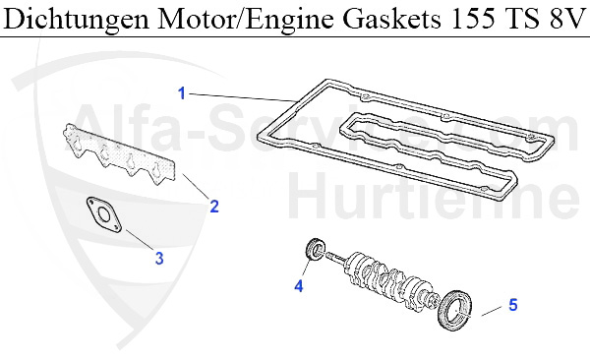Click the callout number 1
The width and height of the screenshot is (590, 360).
pyautogui.click(x=181, y=92)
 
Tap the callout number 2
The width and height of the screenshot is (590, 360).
pyautogui.click(x=213, y=207)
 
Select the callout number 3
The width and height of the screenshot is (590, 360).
pyautogui.click(x=158, y=259)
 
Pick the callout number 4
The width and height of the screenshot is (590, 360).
pyautogui.click(x=299, y=286)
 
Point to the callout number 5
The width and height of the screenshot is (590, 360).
pyautogui.click(x=512, y=306)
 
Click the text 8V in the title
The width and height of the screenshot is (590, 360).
pyautogui.click(x=564, y=20)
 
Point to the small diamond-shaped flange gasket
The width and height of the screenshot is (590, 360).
pyautogui.click(x=100, y=217)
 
